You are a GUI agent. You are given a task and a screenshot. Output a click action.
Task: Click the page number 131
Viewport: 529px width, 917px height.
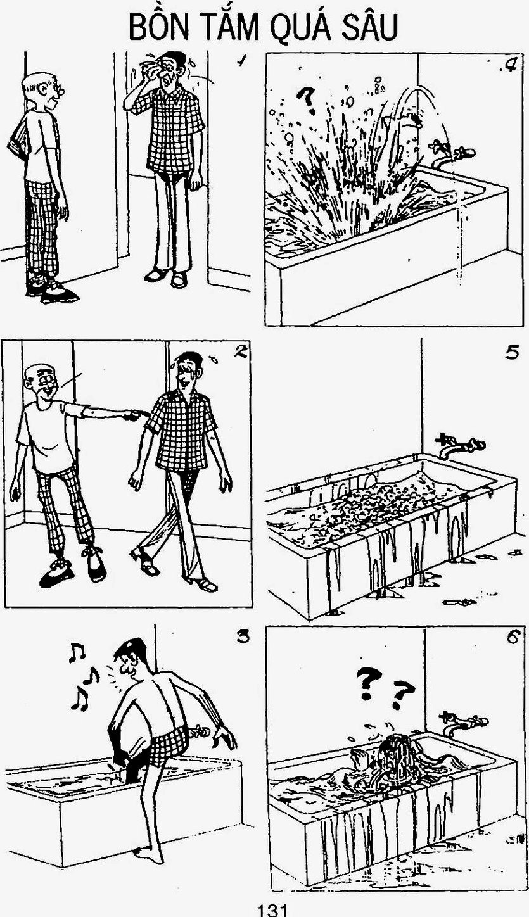[x=271, y=909]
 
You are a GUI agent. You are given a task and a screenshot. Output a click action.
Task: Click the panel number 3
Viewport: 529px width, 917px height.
[x=243, y=636]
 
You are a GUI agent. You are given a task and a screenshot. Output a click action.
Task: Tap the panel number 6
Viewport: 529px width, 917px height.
[x=513, y=637]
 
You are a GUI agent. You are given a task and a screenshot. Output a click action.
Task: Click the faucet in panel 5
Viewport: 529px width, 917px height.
[x=461, y=445]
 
